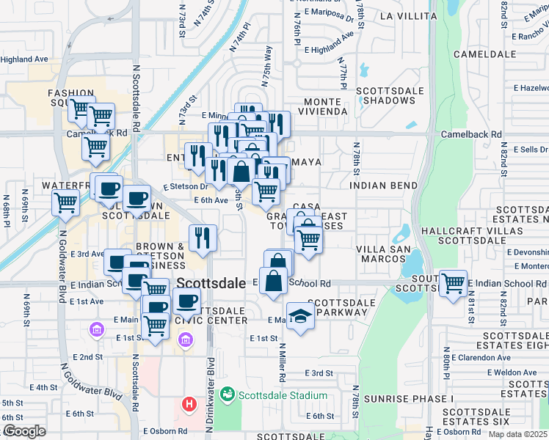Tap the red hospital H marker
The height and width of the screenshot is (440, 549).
coord(189,404)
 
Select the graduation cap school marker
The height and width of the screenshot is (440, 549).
coord(300,315)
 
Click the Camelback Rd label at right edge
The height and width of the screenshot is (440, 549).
coord(471,135)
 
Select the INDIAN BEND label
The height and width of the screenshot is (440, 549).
coord(384,186)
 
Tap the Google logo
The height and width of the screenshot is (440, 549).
coord(24,431)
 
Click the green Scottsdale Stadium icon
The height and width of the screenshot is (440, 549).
coord(228,395)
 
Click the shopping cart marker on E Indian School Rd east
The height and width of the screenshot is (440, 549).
coord(453,283)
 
